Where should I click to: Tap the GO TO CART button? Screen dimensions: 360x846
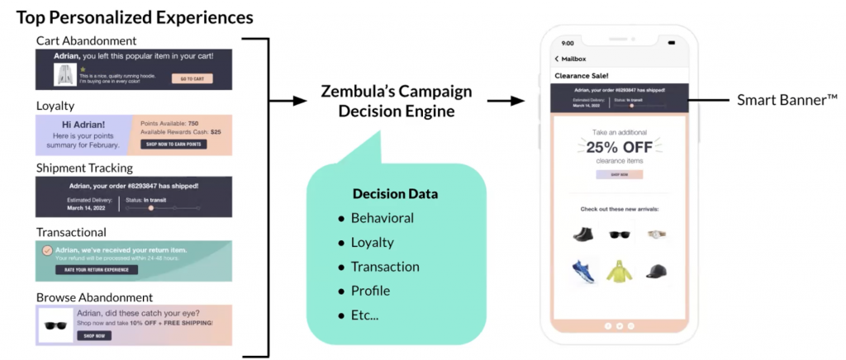pyautogui.click(x=192, y=78)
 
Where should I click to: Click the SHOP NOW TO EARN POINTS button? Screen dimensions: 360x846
pyautogui.click(x=173, y=144)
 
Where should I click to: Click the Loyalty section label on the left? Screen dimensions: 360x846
pyautogui.click(x=55, y=106)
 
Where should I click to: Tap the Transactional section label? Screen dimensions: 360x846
pyautogui.click(x=71, y=232)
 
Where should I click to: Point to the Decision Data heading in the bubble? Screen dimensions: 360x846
pyautogui.click(x=395, y=194)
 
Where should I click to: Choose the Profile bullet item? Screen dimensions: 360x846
pyautogui.click(x=370, y=291)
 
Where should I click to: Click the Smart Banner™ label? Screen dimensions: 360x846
pyautogui.click(x=787, y=100)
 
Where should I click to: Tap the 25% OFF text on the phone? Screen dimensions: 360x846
pyautogui.click(x=619, y=148)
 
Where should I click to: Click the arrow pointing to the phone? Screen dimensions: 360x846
pyautogui.click(x=506, y=100)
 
